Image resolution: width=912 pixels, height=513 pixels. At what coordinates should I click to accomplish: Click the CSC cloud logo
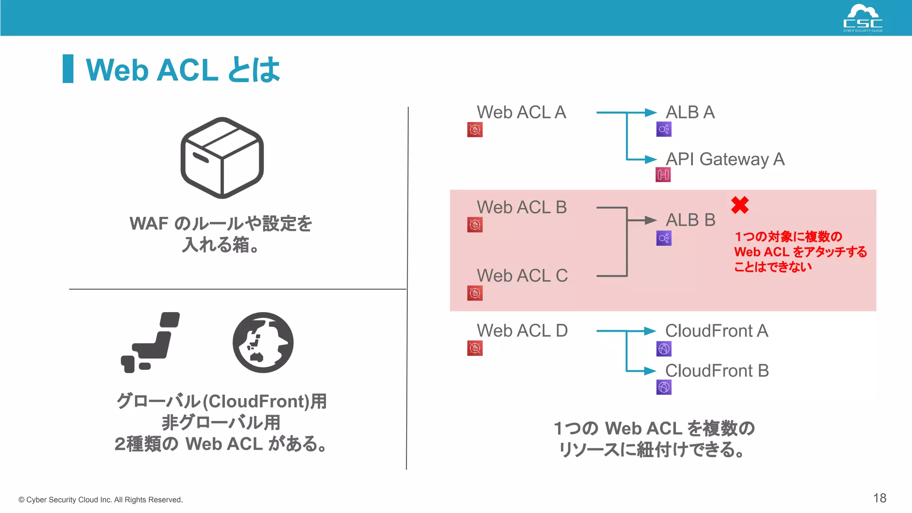pyautogui.click(x=863, y=18)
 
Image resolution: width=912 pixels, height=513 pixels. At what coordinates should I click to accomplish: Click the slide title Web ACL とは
pyautogui.click(x=183, y=70)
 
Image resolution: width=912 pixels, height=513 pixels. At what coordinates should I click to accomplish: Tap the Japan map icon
pyautogui.click(x=151, y=342)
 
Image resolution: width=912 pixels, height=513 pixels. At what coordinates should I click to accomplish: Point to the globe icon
pyautogui.click(x=263, y=342)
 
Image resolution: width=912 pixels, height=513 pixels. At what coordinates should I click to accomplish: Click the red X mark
pyautogui.click(x=740, y=205)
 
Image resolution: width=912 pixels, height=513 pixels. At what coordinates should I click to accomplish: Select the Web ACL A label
pyautogui.click(x=521, y=112)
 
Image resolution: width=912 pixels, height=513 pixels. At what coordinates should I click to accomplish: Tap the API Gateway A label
pyautogui.click(x=725, y=159)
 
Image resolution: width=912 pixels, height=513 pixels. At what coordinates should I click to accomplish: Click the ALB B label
pyautogui.click(x=690, y=220)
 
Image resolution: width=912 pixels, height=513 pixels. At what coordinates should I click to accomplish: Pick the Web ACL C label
pyautogui.click(x=522, y=276)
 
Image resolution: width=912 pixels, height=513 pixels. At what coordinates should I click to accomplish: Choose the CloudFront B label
pyautogui.click(x=717, y=370)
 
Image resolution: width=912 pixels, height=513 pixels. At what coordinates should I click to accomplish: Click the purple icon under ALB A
pyautogui.click(x=664, y=130)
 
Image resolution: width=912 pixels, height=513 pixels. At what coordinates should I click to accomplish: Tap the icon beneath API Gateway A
pyautogui.click(x=663, y=175)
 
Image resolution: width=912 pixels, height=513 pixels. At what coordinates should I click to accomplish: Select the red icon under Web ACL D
pyautogui.click(x=475, y=348)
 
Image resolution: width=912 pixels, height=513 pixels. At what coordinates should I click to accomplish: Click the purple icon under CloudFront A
pyautogui.click(x=664, y=349)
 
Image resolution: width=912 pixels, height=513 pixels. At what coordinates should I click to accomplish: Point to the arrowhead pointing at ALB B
pyautogui.click(x=650, y=220)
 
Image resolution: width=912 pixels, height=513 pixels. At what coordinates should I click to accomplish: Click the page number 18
pyautogui.click(x=879, y=498)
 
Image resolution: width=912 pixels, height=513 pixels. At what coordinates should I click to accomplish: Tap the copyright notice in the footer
pyautogui.click(x=101, y=500)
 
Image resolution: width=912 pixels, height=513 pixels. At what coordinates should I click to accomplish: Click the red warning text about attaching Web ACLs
pyautogui.click(x=800, y=252)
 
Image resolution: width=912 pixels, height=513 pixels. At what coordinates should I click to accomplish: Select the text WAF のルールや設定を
pyautogui.click(x=221, y=224)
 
